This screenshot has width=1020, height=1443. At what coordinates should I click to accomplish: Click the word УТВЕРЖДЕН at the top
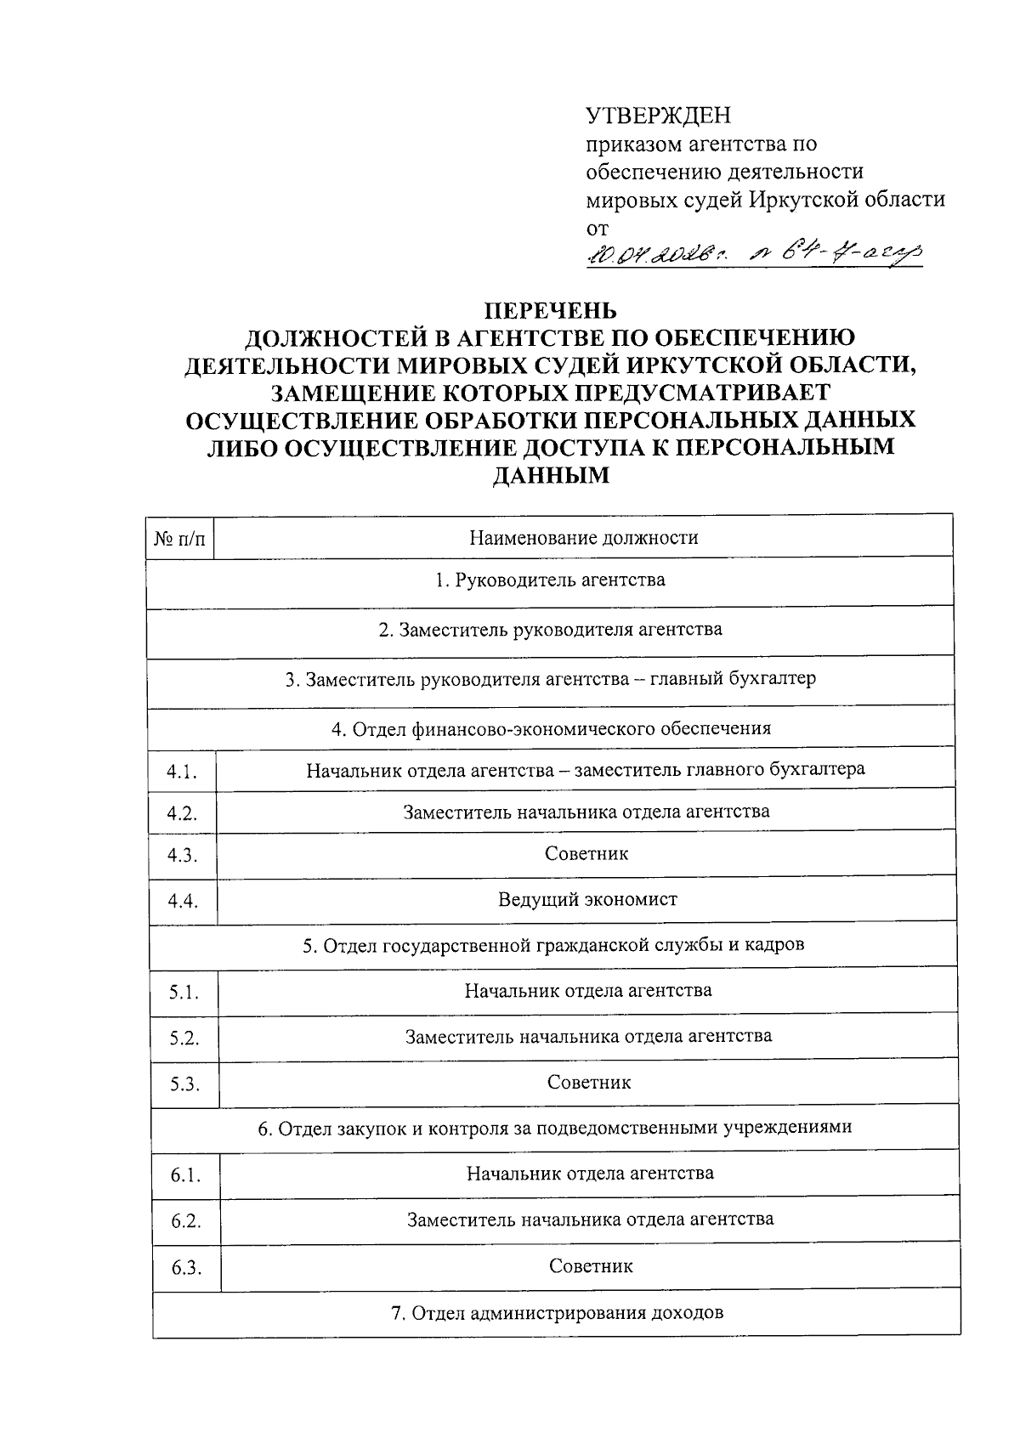659,116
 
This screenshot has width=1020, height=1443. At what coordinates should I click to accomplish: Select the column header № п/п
179,538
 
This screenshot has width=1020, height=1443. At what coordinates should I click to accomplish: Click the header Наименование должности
583,537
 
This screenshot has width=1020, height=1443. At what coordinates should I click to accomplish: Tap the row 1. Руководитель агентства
549,580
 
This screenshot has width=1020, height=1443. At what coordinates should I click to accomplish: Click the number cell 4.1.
182,772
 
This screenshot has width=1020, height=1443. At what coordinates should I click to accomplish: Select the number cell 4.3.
182,856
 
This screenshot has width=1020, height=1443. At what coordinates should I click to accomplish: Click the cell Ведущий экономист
587,899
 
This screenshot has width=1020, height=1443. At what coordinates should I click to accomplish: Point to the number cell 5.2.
184,1038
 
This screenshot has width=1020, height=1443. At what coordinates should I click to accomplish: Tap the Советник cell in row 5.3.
589,1083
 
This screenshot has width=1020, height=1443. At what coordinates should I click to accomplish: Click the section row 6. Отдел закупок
554,1128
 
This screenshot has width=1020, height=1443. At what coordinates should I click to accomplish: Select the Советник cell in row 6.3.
591,1266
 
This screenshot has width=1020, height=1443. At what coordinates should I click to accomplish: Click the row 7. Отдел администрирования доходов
557,1313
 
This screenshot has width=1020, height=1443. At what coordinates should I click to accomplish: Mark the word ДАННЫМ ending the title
551,475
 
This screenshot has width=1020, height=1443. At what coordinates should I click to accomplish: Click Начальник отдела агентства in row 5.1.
587,991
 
